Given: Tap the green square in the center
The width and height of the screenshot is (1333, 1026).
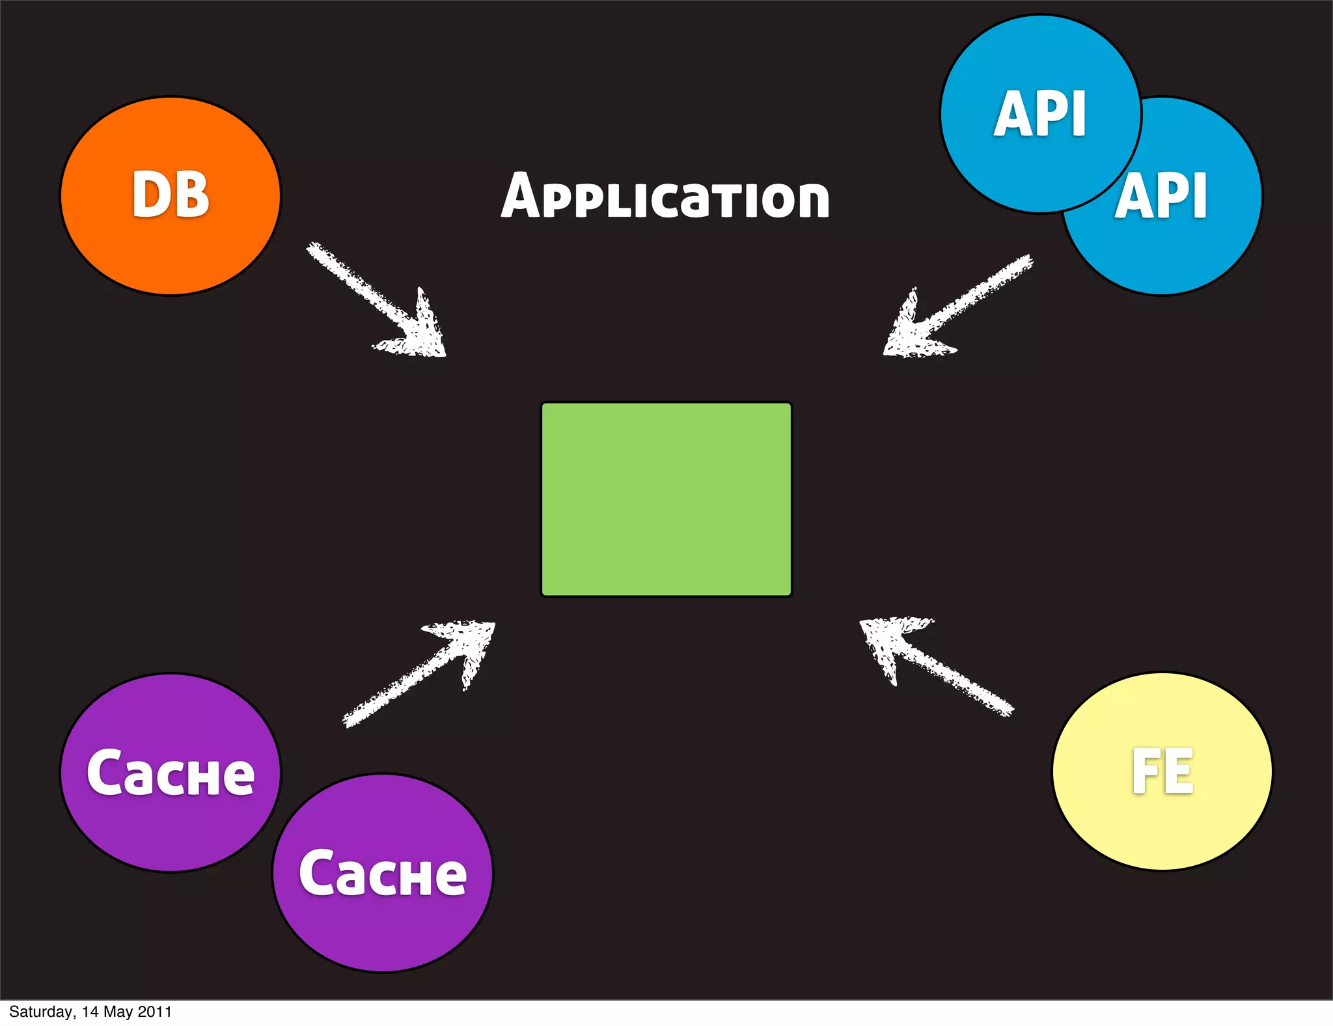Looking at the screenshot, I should tap(666, 499).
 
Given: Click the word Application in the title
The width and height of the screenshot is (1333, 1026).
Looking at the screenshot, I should tap(665, 196).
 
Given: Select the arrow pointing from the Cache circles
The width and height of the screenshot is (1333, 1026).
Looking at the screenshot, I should tap(404, 684).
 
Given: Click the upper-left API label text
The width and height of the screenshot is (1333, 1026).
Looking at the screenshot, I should tap(1040, 114).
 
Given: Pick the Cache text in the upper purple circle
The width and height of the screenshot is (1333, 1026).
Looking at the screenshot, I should tap(171, 773).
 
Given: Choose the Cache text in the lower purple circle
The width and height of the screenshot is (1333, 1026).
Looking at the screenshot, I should tap(383, 874).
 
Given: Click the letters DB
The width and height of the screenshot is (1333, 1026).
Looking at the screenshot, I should tap(171, 195).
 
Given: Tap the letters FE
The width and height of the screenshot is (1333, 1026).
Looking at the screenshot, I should tap(1162, 771).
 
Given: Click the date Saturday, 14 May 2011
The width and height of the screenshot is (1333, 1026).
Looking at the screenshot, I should tap(90, 1012).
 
